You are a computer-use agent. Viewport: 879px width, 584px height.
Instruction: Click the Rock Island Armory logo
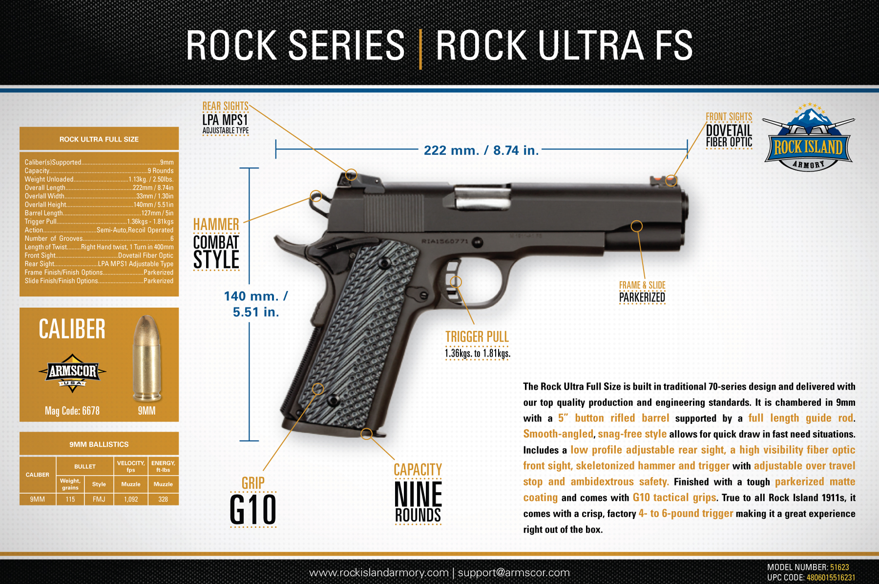point(808,137)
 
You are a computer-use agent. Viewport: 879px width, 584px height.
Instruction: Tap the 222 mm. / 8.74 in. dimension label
point(481,150)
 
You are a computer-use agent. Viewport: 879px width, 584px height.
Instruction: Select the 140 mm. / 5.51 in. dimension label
point(256,304)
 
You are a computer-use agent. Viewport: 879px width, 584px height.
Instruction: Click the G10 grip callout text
point(253,510)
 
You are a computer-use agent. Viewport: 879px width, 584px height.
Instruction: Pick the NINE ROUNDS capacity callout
point(418,502)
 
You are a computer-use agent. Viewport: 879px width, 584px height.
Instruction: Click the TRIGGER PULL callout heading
point(477,337)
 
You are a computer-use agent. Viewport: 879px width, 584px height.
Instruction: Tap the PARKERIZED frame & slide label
point(642,297)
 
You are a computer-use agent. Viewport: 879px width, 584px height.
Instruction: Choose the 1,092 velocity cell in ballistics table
point(131,499)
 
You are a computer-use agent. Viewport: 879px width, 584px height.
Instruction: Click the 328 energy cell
point(163,499)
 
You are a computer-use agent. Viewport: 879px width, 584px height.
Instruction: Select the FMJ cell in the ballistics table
point(99,499)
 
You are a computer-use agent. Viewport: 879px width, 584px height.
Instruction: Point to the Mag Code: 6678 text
point(72,411)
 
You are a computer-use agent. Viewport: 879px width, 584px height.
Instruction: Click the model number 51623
point(839,567)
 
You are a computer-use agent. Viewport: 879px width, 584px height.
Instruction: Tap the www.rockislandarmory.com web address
point(379,572)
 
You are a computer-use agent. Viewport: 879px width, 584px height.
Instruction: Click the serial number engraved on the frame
point(445,242)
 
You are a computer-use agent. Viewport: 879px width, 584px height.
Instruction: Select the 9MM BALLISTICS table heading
point(99,444)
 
